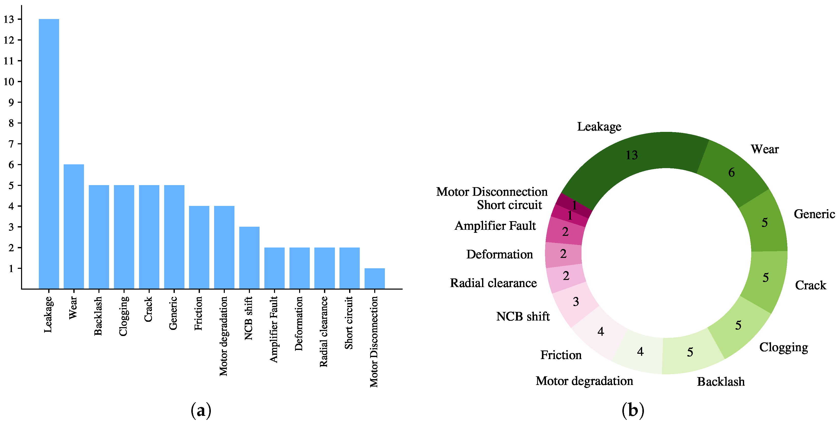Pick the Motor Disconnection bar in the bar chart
[x=374, y=278]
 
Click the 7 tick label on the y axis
[x=11, y=144]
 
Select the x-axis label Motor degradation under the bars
[x=224, y=336]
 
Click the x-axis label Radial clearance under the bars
[x=324, y=332]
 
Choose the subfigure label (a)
[x=201, y=410]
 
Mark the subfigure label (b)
[x=633, y=410]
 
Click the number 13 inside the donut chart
[x=632, y=155]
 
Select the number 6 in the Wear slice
[x=731, y=172]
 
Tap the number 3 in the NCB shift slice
[x=576, y=302]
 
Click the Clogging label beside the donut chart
[x=783, y=347]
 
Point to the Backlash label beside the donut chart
[x=721, y=382]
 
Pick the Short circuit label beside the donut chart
[x=509, y=205]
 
